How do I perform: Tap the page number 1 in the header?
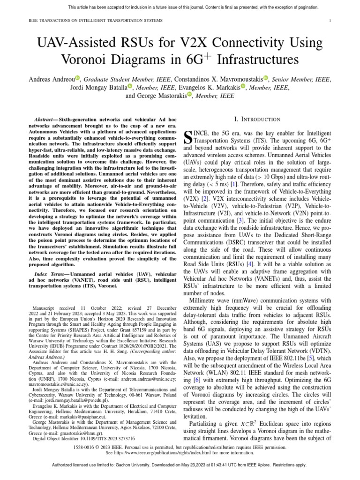[331, 21]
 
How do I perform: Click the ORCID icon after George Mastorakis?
[189, 95]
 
